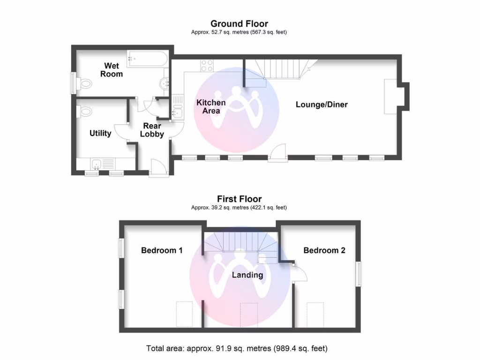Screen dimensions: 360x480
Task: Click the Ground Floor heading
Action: click(239, 24)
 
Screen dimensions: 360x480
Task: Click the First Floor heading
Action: click(239, 199)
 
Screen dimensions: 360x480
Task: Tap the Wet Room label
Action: click(112, 70)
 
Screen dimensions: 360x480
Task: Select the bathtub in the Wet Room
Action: click(146, 59)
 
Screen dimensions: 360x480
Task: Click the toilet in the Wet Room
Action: click(84, 84)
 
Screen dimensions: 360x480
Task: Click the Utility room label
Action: click(100, 134)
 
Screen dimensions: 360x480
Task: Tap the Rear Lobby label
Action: click(153, 130)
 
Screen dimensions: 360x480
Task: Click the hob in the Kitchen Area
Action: click(207, 66)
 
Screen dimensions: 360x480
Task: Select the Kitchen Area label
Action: click(211, 106)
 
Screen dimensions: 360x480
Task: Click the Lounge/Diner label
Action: click(322, 105)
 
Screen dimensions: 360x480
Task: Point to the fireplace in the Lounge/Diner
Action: click(391, 97)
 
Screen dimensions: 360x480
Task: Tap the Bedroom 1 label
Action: click(162, 250)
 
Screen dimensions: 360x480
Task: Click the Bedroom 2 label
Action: click(324, 250)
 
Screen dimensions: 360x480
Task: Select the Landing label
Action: click(247, 275)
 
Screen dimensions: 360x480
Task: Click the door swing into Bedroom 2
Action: click(299, 274)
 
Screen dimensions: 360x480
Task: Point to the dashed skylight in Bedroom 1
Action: click(184, 314)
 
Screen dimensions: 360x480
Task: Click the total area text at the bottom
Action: click(237, 348)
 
